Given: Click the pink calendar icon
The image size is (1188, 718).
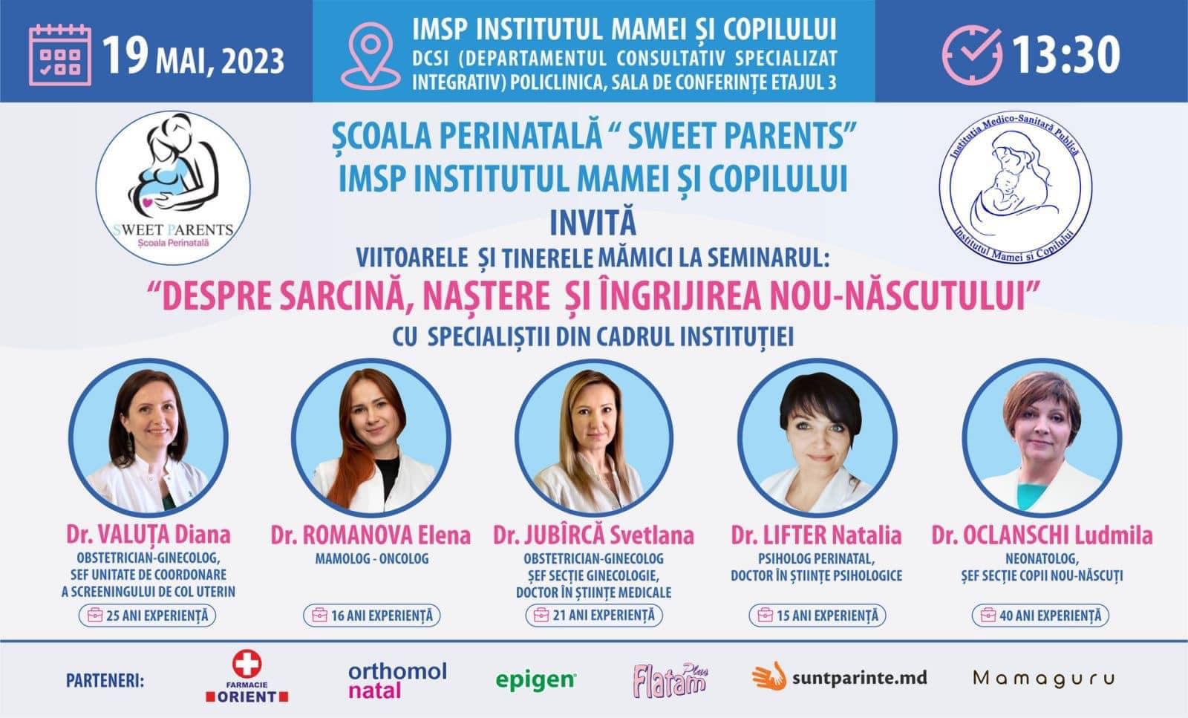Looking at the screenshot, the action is pos(60,55).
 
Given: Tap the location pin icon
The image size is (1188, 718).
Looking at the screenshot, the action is pos(371,56).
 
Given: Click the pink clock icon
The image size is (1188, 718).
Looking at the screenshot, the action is pos(972,55).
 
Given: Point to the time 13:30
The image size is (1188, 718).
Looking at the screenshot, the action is pos(1066,55).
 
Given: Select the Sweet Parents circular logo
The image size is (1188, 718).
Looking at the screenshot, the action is pos(173,188).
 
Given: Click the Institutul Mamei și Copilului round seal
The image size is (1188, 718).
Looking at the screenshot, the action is pos(1015,187).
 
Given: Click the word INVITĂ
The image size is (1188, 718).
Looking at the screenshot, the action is pos(593,223).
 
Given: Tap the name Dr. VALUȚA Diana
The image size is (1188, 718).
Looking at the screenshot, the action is pos(148,535).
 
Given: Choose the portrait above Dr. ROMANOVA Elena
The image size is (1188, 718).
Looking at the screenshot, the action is pos(371,438).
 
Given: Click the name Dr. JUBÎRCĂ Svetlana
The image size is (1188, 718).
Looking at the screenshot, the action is pos(593,535).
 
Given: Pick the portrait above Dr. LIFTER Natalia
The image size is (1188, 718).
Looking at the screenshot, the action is pos(817,438).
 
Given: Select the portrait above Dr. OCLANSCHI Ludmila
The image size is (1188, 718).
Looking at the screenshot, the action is pos(1042,438).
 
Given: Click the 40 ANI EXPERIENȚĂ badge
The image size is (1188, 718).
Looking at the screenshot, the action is pos(1040,616).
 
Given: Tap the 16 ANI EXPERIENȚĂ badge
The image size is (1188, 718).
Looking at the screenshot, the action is pos(372,616).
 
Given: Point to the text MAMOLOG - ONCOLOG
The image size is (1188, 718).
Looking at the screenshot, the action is pos(372,559).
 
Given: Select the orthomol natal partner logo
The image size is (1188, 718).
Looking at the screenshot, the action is pos(397,680).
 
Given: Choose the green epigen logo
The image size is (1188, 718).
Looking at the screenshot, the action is pos(535,681).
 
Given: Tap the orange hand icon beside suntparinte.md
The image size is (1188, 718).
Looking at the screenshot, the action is pos(769,676).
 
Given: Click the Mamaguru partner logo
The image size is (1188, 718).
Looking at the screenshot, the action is pos(1044,679).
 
